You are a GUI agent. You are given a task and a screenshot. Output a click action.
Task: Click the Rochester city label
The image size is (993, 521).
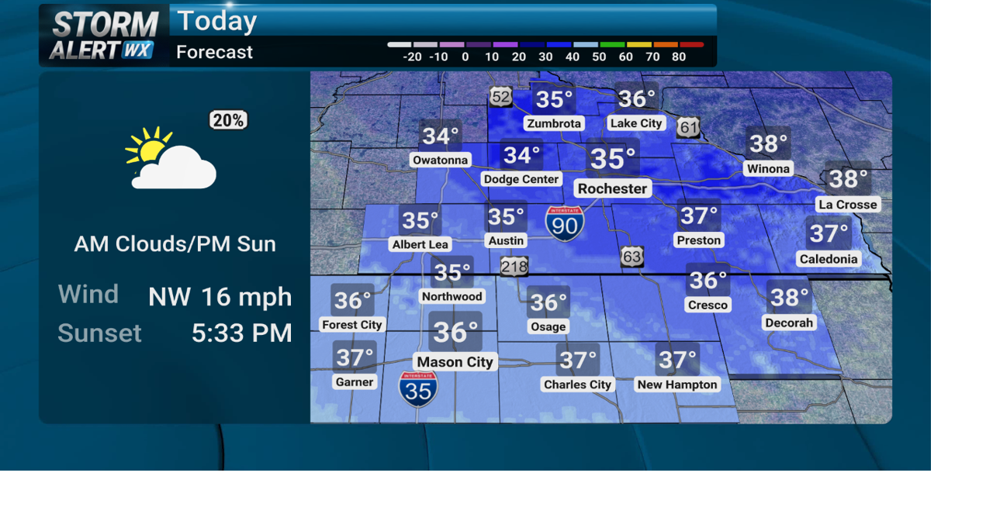[x=612, y=188]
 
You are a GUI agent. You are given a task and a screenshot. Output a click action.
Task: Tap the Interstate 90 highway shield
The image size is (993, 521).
[x=564, y=223]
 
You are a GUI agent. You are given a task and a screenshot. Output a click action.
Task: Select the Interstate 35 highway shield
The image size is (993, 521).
[x=418, y=389]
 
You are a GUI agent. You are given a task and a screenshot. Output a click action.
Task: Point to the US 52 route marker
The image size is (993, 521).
[x=500, y=96]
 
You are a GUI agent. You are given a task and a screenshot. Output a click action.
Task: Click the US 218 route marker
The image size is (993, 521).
[x=514, y=267]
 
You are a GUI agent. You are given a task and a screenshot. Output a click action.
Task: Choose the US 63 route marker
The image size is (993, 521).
[x=632, y=257]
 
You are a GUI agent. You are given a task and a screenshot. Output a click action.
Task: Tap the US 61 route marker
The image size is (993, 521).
[x=687, y=128]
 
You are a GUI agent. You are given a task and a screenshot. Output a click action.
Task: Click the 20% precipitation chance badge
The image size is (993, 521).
[x=228, y=120]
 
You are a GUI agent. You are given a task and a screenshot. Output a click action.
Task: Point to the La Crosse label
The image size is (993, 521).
[x=847, y=205]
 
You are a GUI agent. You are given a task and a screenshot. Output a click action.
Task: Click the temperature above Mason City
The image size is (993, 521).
[x=455, y=332]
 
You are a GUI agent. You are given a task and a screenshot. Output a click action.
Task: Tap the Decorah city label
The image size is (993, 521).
[x=789, y=323]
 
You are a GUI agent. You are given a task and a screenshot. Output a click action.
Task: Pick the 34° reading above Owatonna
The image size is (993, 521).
[x=440, y=136]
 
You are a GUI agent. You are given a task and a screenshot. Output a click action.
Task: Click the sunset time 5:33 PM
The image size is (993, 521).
[x=241, y=333]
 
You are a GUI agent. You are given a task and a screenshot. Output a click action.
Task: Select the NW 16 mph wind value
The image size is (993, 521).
[x=220, y=296]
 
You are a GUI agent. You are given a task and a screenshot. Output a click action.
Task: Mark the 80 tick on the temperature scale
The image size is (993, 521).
[x=679, y=57]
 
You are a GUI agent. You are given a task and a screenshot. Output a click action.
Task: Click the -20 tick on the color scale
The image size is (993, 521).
[x=412, y=57]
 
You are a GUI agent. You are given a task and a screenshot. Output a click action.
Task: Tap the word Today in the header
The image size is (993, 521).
[x=216, y=21]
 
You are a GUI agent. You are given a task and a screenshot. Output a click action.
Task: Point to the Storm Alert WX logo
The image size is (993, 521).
[x=104, y=36]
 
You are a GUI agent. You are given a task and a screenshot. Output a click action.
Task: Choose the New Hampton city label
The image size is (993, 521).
[x=677, y=384]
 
